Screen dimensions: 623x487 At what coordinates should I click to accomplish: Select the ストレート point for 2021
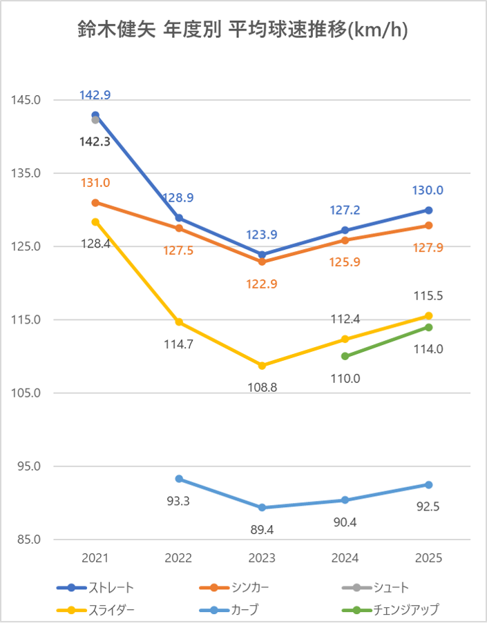pyautogui.click(x=95, y=115)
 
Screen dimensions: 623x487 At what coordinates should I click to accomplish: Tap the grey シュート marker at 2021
pyautogui.click(x=95, y=120)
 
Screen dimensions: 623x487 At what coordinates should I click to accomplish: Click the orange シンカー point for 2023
pyautogui.click(x=262, y=261)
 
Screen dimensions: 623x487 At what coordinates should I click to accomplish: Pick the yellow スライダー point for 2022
pyautogui.click(x=179, y=322)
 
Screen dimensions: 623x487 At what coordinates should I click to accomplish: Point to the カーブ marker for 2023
pyautogui.click(x=262, y=508)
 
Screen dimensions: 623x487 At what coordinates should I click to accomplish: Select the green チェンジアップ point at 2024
pyautogui.click(x=345, y=356)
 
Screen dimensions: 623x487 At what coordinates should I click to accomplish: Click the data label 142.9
pyautogui.click(x=95, y=95)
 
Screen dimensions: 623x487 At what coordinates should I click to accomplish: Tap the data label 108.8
pyautogui.click(x=262, y=387)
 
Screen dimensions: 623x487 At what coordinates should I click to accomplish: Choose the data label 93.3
pyautogui.click(x=178, y=500)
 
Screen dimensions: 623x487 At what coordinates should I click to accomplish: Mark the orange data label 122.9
pyautogui.click(x=262, y=284)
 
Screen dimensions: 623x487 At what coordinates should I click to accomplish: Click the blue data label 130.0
pyautogui.click(x=428, y=190)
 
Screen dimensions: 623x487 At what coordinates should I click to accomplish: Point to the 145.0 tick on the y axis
pyautogui.click(x=26, y=100)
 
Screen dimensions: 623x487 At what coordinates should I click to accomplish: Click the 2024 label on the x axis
pyautogui.click(x=345, y=557)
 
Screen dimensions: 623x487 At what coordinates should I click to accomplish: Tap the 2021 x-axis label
pyautogui.click(x=95, y=557)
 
